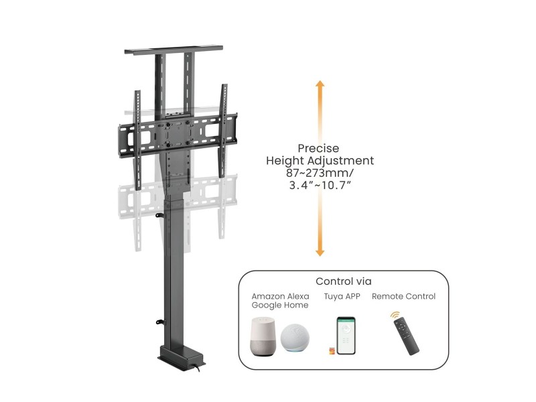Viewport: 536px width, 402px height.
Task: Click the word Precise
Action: pyautogui.click(x=319, y=148)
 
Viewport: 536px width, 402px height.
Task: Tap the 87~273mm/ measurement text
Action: pyautogui.click(x=320, y=173)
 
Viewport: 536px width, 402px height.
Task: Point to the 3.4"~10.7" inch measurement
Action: pyautogui.click(x=320, y=185)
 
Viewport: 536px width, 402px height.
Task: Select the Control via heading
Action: pyautogui.click(x=344, y=281)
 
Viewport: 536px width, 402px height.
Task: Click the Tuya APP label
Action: pyautogui.click(x=342, y=296)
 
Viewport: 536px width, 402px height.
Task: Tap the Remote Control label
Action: pyautogui.click(x=404, y=296)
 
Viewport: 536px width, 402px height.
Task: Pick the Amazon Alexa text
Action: pyautogui.click(x=280, y=296)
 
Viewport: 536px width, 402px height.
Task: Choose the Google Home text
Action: pyautogui.click(x=280, y=305)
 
